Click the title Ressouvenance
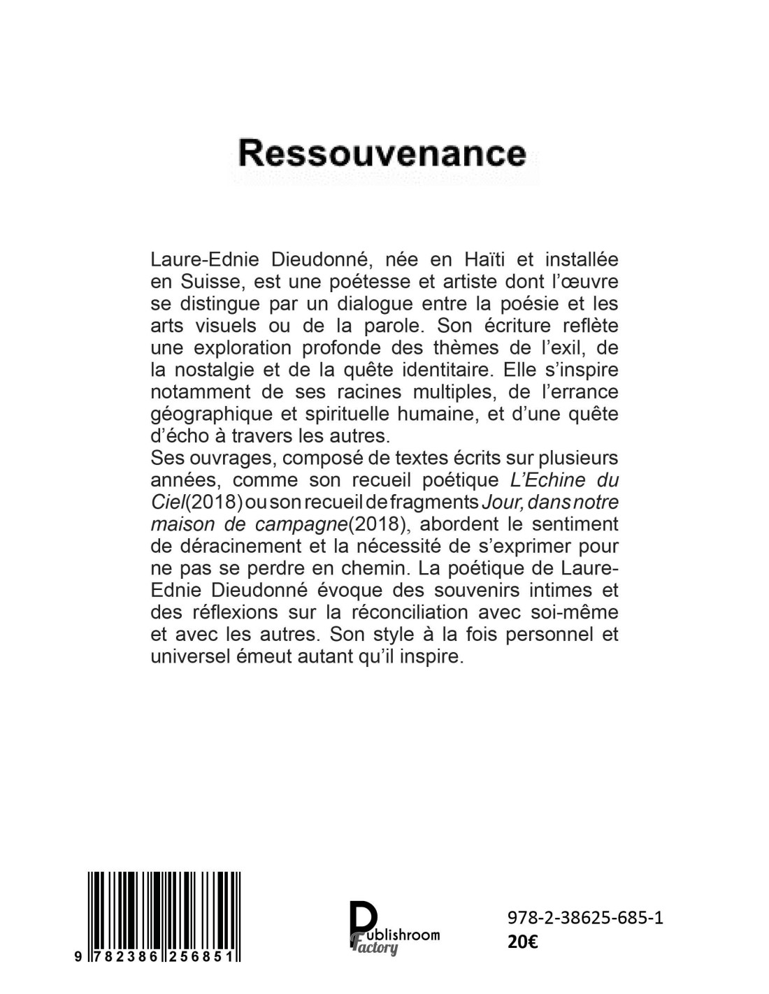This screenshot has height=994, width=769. point(382,153)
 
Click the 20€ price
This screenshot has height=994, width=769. point(522,941)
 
